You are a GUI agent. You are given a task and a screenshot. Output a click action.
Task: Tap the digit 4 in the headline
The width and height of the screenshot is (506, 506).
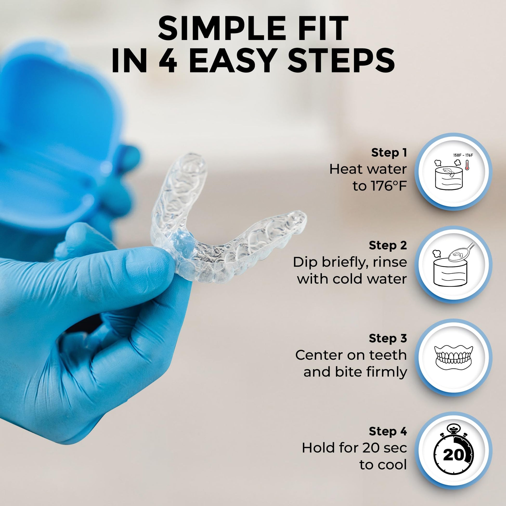pos(168,60)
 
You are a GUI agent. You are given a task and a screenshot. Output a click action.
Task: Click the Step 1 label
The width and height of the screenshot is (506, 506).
pos(389,153)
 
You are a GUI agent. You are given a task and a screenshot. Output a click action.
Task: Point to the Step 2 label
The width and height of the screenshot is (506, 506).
pos(388,245)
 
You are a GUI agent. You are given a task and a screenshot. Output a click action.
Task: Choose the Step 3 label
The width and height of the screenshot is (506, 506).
pos(388,338)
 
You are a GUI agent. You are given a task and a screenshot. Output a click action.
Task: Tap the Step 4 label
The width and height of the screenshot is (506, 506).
pos(388,431)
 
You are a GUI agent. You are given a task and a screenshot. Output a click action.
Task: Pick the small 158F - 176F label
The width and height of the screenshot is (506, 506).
pos(463,155)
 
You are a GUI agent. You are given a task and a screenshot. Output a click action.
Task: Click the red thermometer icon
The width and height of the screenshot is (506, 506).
pos(467,165)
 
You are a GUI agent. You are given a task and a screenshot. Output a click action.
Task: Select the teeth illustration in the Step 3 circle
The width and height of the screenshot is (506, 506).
pos(454,357)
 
